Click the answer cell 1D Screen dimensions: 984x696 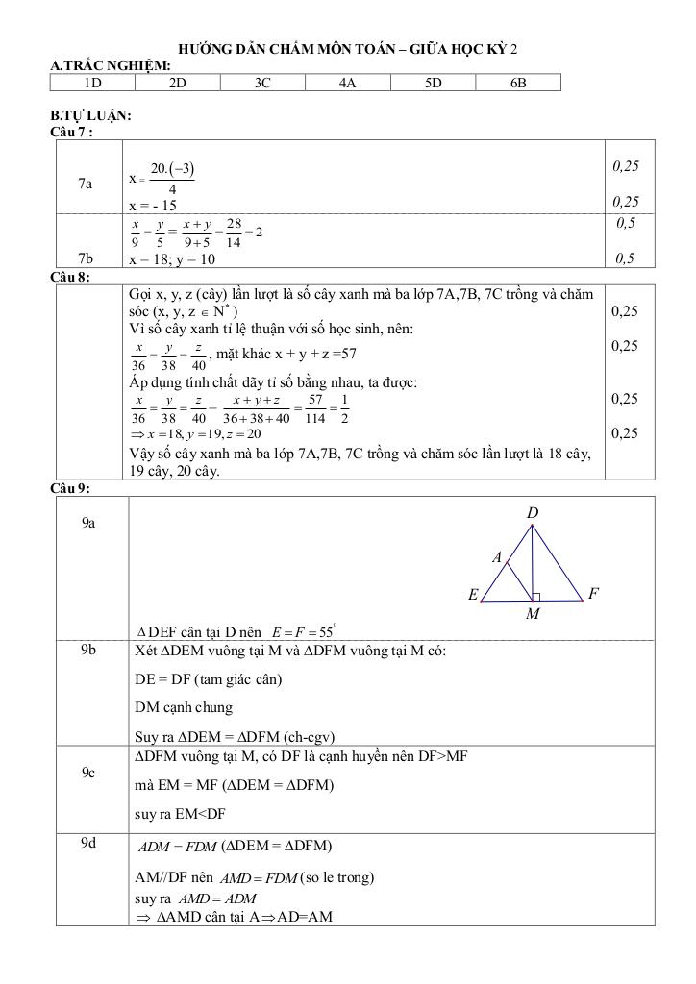click(x=92, y=84)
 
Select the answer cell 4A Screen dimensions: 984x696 click(x=348, y=84)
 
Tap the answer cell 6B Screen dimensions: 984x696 click(x=518, y=84)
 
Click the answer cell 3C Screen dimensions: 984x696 click(x=262, y=84)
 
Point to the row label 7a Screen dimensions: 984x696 click(x=87, y=183)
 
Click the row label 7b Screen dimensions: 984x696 click(x=87, y=258)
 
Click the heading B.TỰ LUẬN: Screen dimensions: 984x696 click(x=90, y=115)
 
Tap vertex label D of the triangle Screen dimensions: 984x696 click(x=533, y=514)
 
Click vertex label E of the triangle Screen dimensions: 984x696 click(x=473, y=595)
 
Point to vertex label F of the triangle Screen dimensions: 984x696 click(x=593, y=594)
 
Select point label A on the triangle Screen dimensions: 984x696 click(x=497, y=557)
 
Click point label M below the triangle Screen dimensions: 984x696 click(x=533, y=615)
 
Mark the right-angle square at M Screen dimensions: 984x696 click(x=536, y=597)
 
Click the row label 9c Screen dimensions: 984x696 click(x=87, y=772)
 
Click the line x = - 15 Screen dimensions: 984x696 click(x=153, y=206)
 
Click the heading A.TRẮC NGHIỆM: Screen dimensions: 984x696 click(x=111, y=65)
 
